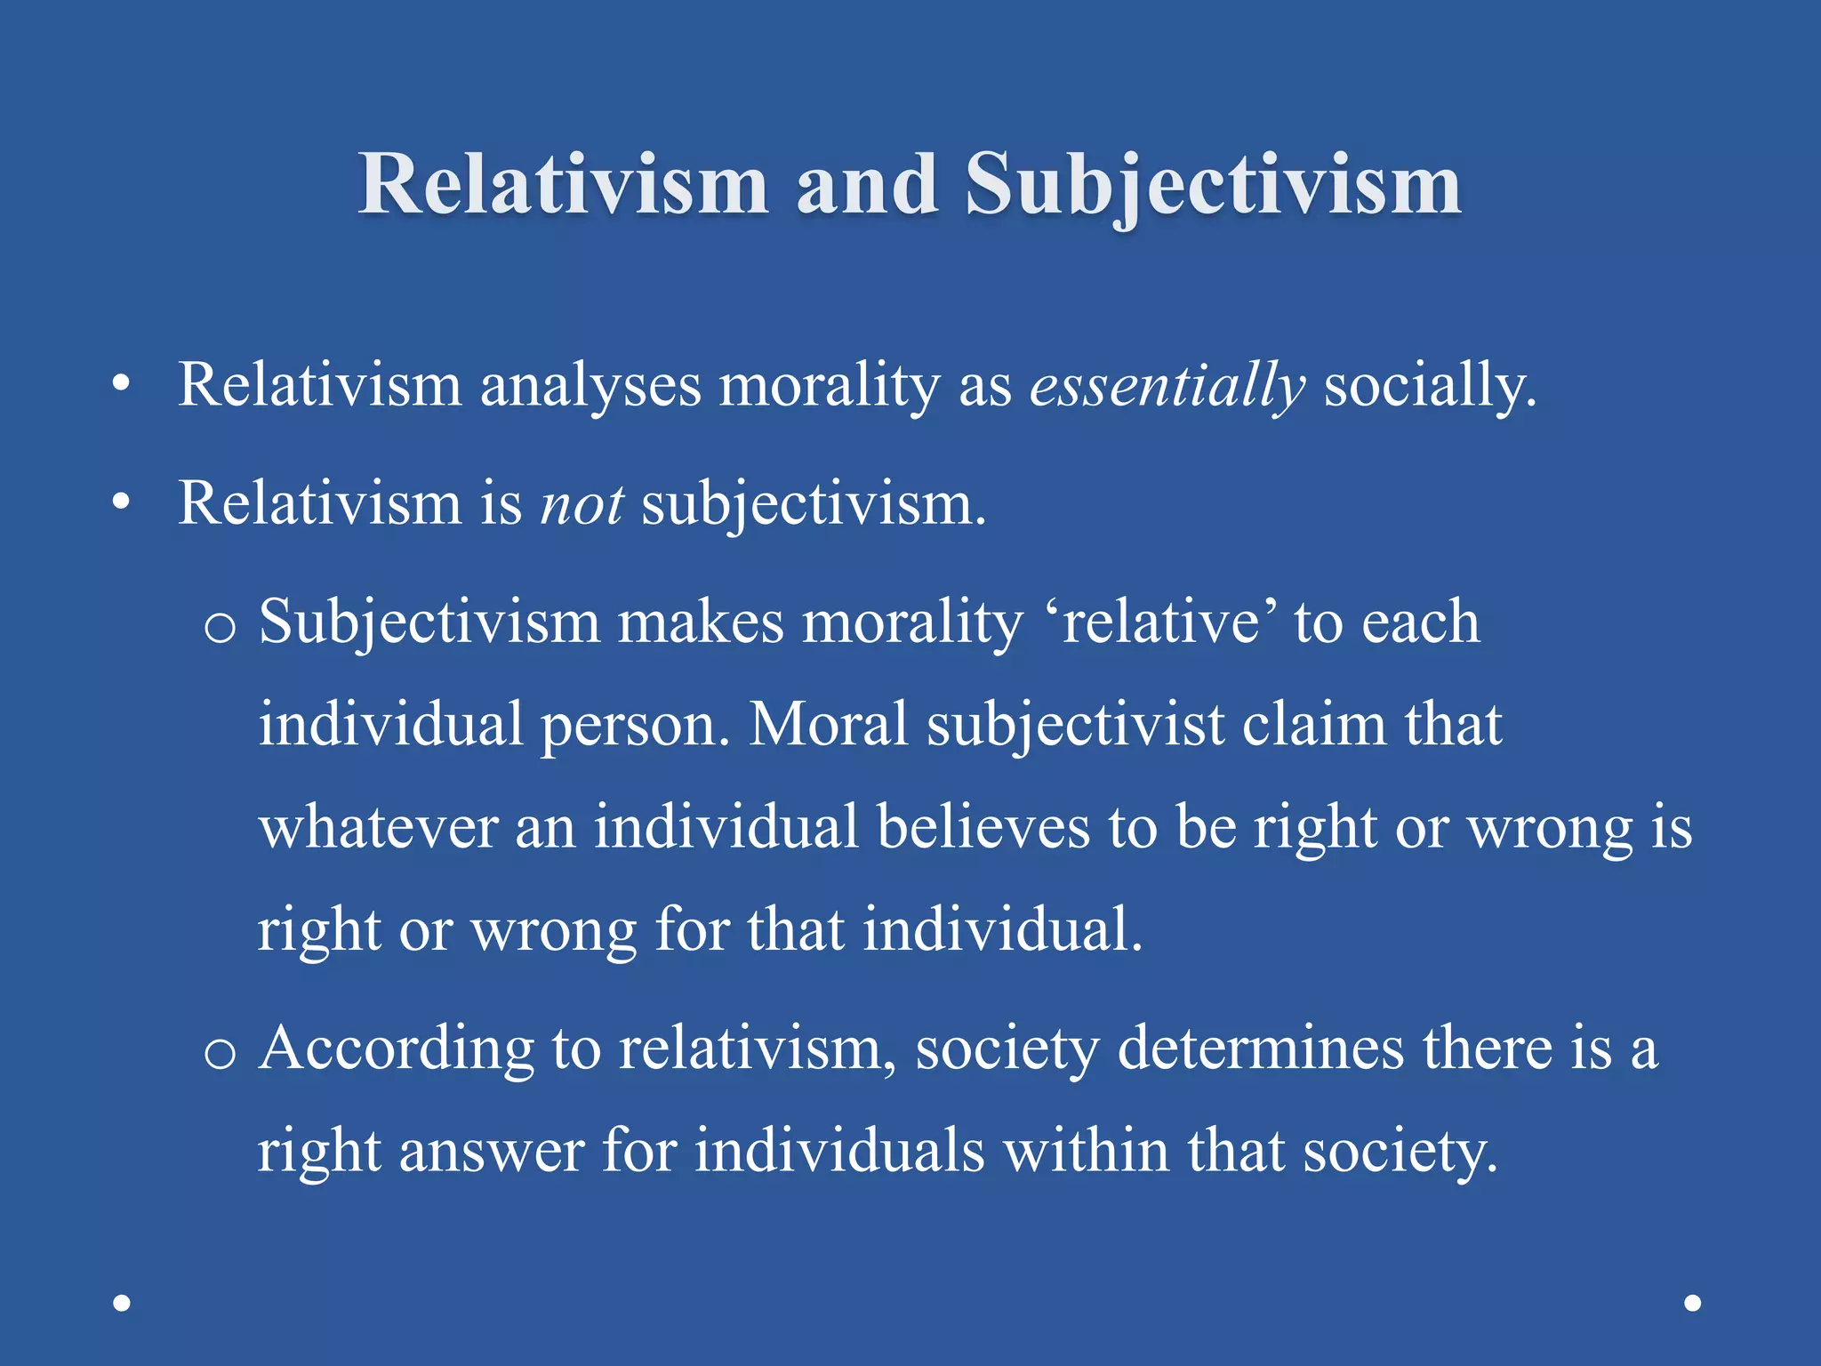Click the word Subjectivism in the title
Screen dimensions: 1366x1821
[1213, 185]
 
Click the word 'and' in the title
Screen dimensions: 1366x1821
[867, 185]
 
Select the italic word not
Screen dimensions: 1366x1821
[582, 504]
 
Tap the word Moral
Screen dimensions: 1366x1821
[828, 724]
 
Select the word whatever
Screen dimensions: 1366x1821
[377, 827]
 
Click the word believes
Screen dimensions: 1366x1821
[983, 827]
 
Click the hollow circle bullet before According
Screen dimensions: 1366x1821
[220, 1055]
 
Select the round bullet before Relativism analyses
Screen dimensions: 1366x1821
[122, 384]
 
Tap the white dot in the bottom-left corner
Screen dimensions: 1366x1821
[122, 1303]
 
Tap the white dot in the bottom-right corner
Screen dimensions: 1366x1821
[1693, 1303]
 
